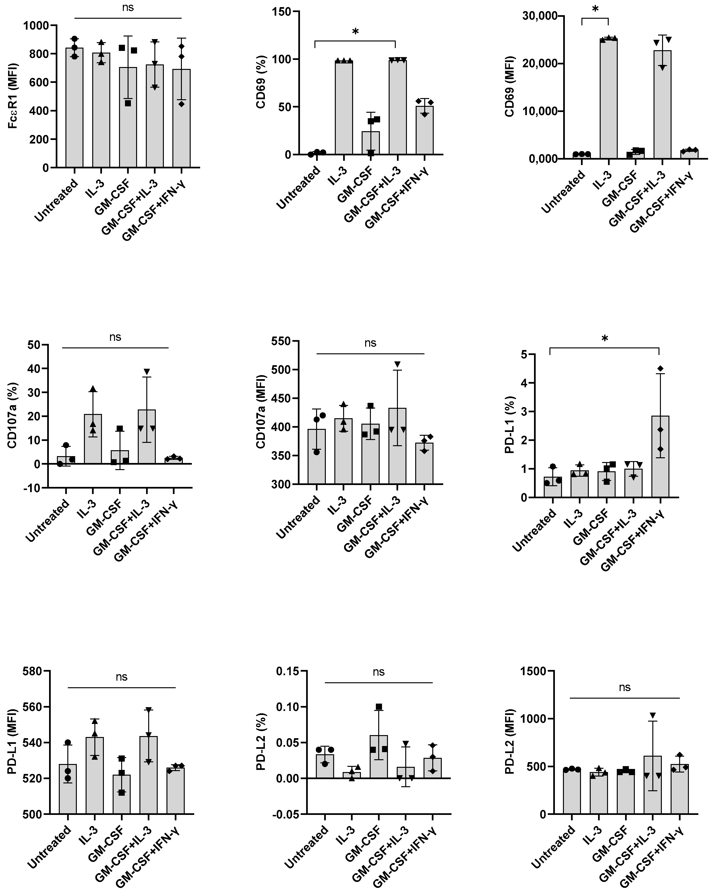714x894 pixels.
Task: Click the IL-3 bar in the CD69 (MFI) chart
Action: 608,99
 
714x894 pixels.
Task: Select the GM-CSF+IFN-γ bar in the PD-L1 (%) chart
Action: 660,456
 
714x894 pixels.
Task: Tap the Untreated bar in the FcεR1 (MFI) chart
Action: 74,108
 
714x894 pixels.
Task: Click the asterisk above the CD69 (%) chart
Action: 355,32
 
